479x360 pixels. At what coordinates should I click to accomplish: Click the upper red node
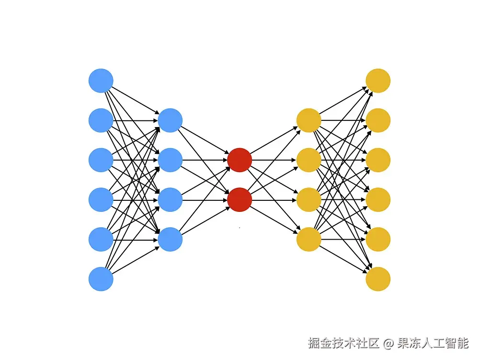pyautogui.click(x=239, y=160)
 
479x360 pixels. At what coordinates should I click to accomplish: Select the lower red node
pyautogui.click(x=239, y=199)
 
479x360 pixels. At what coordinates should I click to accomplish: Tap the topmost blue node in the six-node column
pyautogui.click(x=101, y=81)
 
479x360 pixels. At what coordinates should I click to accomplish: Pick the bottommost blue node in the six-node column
pyautogui.click(x=101, y=279)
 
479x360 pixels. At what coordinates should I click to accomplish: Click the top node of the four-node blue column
pyautogui.click(x=170, y=120)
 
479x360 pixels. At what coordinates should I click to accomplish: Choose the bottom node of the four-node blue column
pyautogui.click(x=170, y=239)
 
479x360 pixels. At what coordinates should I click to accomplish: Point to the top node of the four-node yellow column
pyautogui.click(x=309, y=120)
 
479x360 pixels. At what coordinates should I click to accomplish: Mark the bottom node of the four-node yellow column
pyautogui.click(x=309, y=239)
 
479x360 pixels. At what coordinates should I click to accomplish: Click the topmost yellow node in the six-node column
pyautogui.click(x=378, y=81)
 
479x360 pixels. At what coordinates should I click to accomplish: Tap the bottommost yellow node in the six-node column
pyautogui.click(x=378, y=279)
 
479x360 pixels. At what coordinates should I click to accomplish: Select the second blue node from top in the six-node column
pyautogui.click(x=101, y=120)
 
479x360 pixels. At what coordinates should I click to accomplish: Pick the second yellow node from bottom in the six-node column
pyautogui.click(x=378, y=239)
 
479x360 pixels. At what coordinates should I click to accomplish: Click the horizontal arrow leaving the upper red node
pyautogui.click(x=274, y=160)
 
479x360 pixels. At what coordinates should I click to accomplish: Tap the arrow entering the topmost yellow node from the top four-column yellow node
pyautogui.click(x=343, y=100)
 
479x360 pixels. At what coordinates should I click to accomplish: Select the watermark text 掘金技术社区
pyautogui.click(x=343, y=343)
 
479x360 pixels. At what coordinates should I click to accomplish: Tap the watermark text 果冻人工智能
pyautogui.click(x=433, y=343)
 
